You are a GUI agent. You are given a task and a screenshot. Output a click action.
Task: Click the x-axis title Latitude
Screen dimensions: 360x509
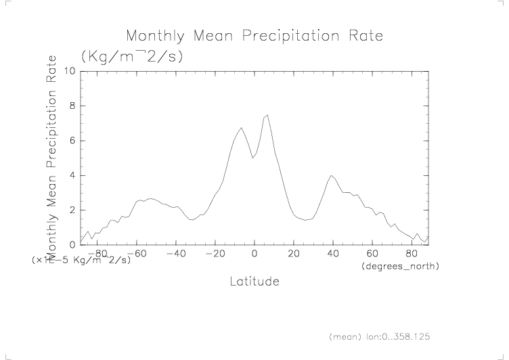pyautogui.click(x=254, y=281)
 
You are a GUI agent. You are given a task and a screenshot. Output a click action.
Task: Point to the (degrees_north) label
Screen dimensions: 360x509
pyautogui.click(x=401, y=267)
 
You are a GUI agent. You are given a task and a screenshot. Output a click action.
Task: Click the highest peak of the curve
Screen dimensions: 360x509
pyautogui.click(x=267, y=115)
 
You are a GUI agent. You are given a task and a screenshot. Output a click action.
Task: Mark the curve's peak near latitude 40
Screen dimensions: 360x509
pyautogui.click(x=331, y=175)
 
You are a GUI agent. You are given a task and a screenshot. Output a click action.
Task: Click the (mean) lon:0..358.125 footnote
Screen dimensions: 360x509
pyautogui.click(x=380, y=336)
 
